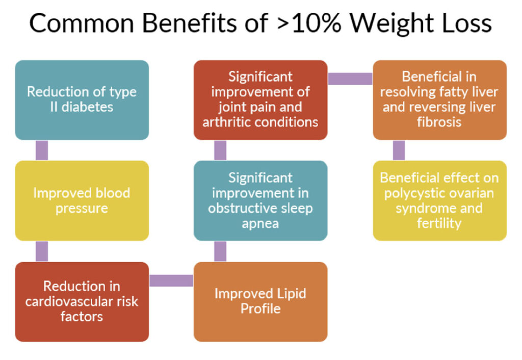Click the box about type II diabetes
[82, 100]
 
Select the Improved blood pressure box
[82, 200]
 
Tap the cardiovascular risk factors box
[82, 302]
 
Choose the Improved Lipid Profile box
[260, 302]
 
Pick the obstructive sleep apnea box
[260, 200]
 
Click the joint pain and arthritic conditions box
[260, 100]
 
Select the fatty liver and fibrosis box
[439, 100]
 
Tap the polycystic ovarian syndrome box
[439, 200]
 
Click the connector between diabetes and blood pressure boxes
[42, 150]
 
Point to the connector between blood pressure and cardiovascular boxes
[42, 251]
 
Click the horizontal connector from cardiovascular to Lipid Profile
[171, 280]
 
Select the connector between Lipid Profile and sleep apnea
[220, 251]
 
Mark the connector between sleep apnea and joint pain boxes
[220, 150]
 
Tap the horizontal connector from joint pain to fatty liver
[350, 79]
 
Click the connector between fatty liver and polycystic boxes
[399, 150]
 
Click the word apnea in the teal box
[260, 224]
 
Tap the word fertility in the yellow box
[439, 223]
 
